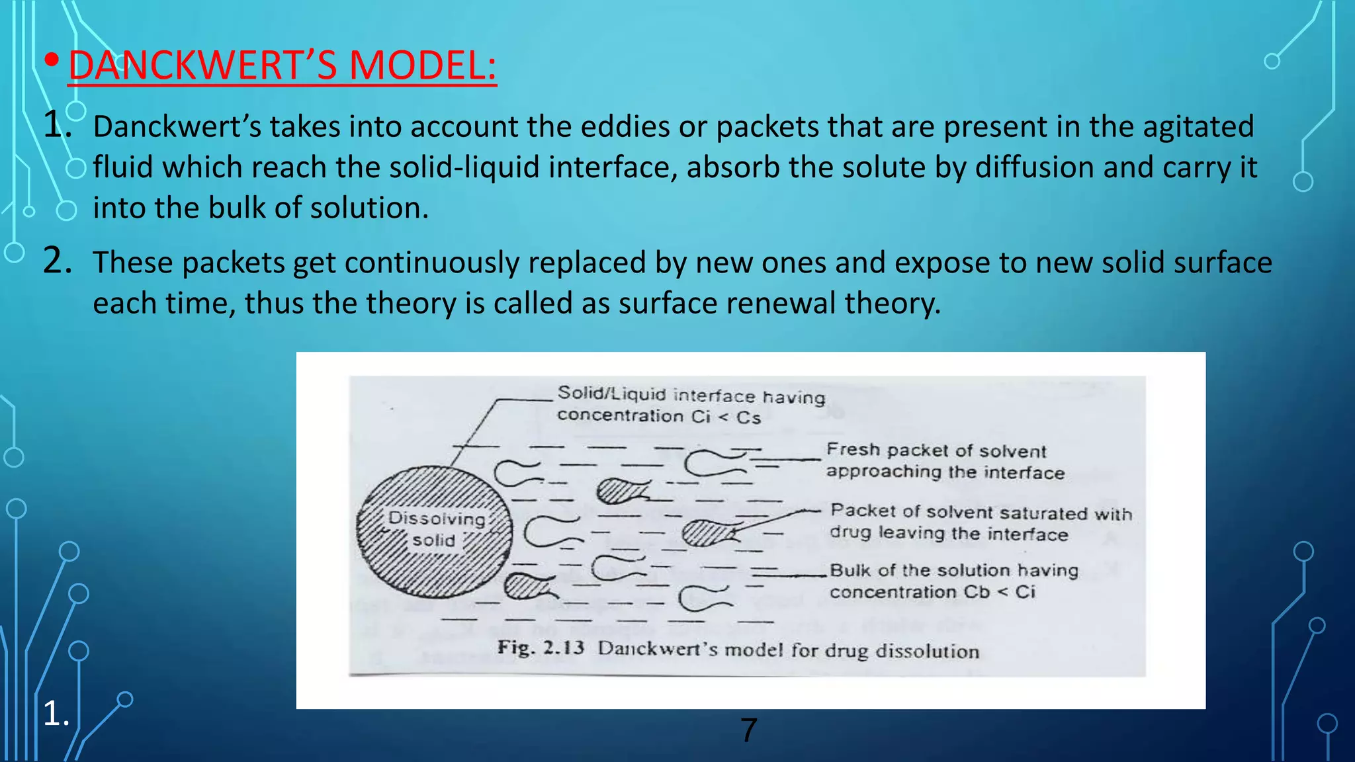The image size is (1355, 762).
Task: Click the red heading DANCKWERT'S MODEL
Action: [x=282, y=65]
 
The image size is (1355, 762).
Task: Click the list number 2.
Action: [x=57, y=261]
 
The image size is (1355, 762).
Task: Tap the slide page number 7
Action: [x=748, y=730]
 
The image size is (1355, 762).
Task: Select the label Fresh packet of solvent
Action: [x=936, y=450]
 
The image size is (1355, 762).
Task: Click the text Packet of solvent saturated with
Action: [x=981, y=512]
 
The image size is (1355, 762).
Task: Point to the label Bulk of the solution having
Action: [x=953, y=570]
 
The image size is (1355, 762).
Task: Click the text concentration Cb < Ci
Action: [x=932, y=592]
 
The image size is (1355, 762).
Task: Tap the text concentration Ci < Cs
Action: [x=658, y=417]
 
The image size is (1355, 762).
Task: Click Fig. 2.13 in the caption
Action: [x=541, y=647]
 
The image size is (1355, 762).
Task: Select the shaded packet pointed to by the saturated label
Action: [x=706, y=532]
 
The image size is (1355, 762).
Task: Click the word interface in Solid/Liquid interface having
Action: [x=713, y=396]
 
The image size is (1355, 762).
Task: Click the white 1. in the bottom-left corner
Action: [x=56, y=714]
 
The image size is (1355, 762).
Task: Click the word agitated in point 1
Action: [x=1198, y=126]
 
